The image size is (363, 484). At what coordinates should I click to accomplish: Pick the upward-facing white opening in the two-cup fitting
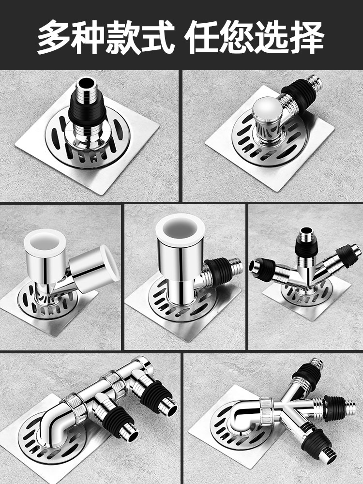pos(45,242)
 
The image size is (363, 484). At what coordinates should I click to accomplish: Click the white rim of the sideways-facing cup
pos(109,263)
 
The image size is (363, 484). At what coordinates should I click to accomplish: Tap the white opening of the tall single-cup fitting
pos(180,229)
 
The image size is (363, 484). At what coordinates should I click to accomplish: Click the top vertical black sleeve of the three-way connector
pos(306,247)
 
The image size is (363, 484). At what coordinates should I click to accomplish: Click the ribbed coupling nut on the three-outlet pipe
pos(267,412)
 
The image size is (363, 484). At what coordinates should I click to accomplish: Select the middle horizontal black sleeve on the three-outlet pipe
pos(334,404)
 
